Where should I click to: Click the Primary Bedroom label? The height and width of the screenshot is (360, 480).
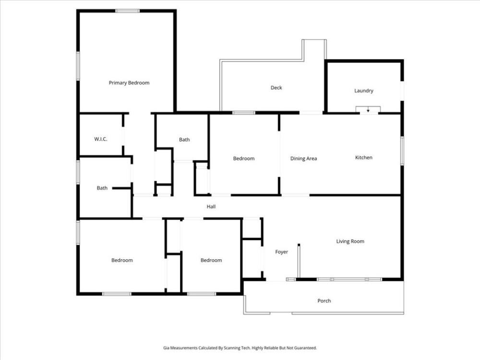[129, 83]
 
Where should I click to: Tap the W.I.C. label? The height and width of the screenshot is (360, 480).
[101, 139]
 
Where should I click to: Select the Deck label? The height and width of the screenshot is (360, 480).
[276, 87]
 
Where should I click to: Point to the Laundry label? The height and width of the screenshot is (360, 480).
[364, 91]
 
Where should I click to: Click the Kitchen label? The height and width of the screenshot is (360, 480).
[364, 157]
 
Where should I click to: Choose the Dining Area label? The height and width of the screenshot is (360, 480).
[303, 158]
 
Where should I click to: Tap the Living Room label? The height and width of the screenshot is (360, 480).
[350, 241]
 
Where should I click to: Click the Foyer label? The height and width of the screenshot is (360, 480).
[281, 252]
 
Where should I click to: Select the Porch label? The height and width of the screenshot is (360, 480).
[324, 300]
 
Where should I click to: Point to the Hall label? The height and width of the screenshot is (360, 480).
[211, 206]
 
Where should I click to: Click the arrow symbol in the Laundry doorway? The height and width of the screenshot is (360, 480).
[368, 110]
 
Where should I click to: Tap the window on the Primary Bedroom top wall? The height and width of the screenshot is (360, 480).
[128, 11]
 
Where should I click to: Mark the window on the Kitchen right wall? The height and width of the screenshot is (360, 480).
[402, 151]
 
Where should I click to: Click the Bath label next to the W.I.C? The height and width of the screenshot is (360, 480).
[102, 188]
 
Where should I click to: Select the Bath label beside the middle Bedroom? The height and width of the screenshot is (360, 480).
[184, 140]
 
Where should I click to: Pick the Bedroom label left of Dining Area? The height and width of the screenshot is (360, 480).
[244, 158]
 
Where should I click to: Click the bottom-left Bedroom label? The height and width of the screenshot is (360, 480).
[122, 260]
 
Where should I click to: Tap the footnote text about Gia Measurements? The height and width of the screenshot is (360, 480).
[240, 348]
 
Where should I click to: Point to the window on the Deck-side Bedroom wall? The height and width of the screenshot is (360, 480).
[244, 113]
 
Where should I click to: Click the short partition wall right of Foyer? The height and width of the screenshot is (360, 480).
[299, 261]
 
